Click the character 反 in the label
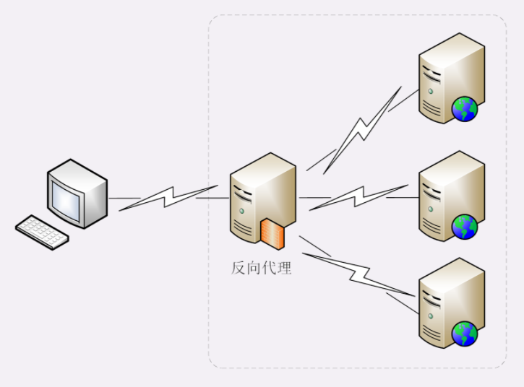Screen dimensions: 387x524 [x=239, y=269]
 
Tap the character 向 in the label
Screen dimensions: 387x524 [x=254, y=269]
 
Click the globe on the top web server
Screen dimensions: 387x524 [x=465, y=110]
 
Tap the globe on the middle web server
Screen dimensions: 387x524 [x=465, y=227]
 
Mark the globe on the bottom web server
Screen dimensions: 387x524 [x=465, y=334]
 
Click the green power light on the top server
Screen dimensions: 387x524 [x=431, y=91]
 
